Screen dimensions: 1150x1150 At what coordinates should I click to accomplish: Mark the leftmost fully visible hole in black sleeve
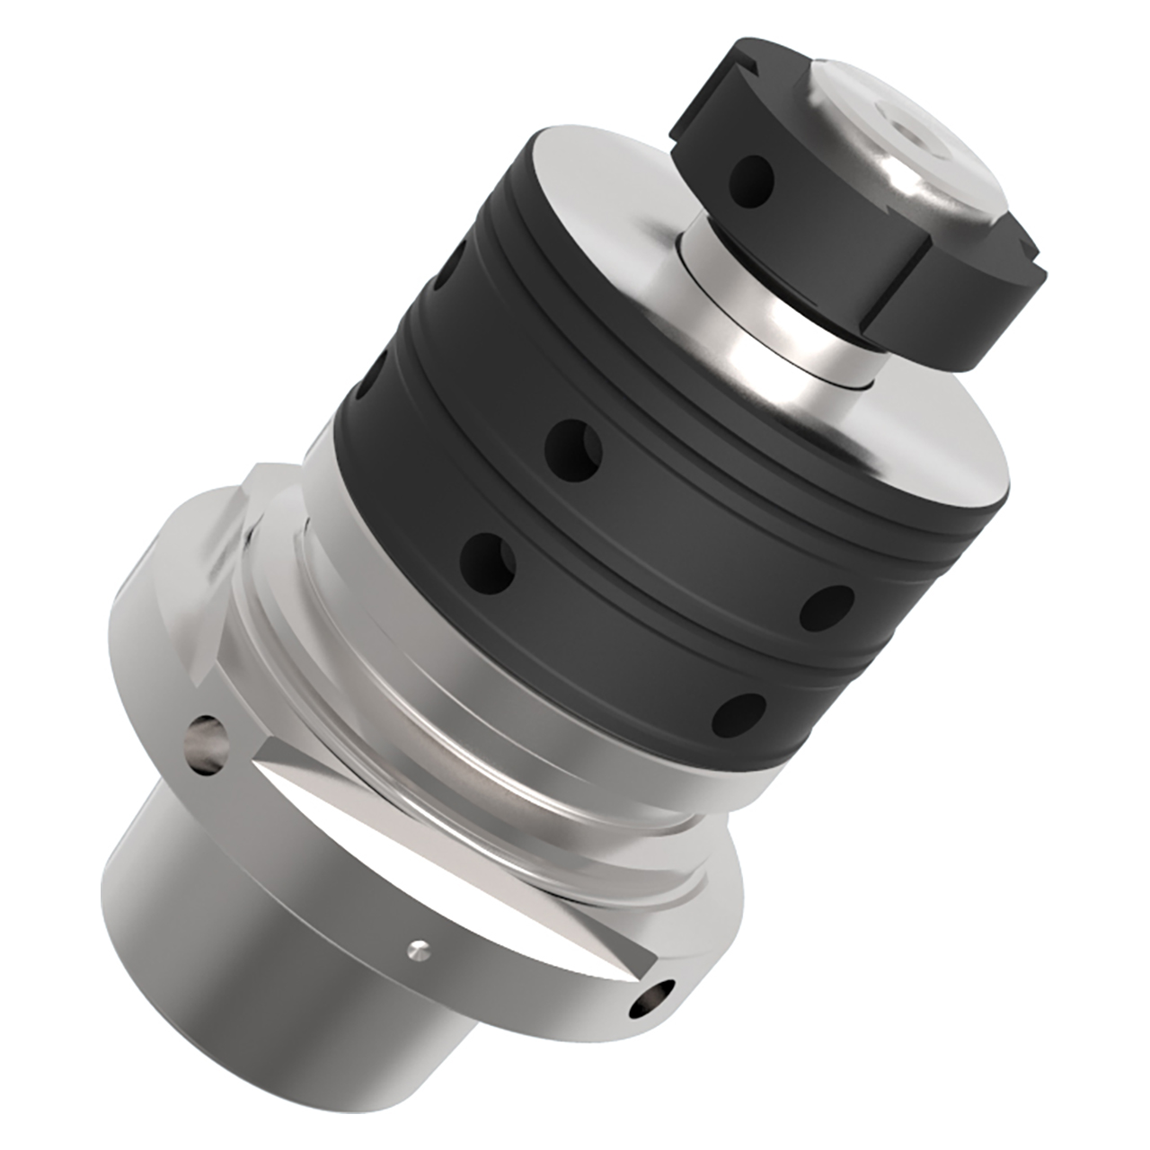point(490,558)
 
